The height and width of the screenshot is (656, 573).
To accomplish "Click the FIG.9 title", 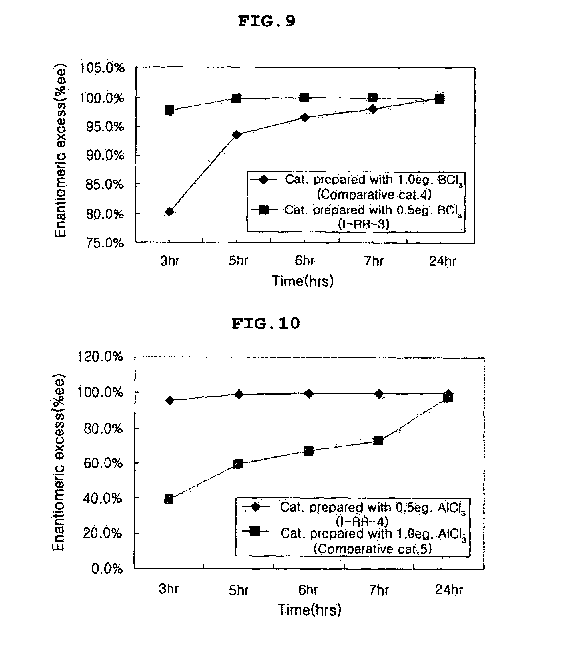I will click(267, 21).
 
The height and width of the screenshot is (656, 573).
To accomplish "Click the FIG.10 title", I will click(266, 323).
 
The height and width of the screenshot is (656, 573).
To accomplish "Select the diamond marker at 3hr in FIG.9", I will click(170, 212).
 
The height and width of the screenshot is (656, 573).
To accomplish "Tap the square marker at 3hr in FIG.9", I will click(169, 110).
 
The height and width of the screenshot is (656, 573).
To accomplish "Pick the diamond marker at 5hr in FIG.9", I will click(237, 135).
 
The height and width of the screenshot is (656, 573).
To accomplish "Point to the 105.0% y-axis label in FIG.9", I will click(102, 68).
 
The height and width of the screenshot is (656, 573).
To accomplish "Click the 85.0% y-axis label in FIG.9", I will click(105, 185).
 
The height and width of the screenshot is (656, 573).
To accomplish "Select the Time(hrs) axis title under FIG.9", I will click(302, 281).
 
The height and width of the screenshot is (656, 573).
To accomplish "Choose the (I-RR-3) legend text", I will click(364, 224).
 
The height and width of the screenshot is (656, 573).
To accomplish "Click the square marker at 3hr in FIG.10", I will click(169, 500).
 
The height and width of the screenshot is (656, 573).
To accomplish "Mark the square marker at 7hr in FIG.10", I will click(378, 441).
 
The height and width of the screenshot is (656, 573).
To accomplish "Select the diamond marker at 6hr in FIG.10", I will click(309, 393).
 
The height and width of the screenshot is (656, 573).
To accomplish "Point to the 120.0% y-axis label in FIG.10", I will click(100, 357).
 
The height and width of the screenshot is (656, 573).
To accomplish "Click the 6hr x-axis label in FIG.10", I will click(308, 590).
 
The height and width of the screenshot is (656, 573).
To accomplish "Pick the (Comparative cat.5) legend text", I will click(372, 549).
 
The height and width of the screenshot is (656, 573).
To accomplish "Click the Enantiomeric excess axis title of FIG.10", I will click(59, 462).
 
